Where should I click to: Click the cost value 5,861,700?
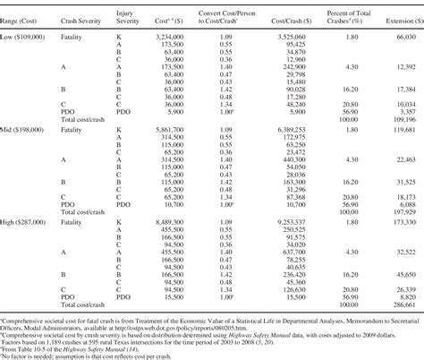click(x=174, y=130)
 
